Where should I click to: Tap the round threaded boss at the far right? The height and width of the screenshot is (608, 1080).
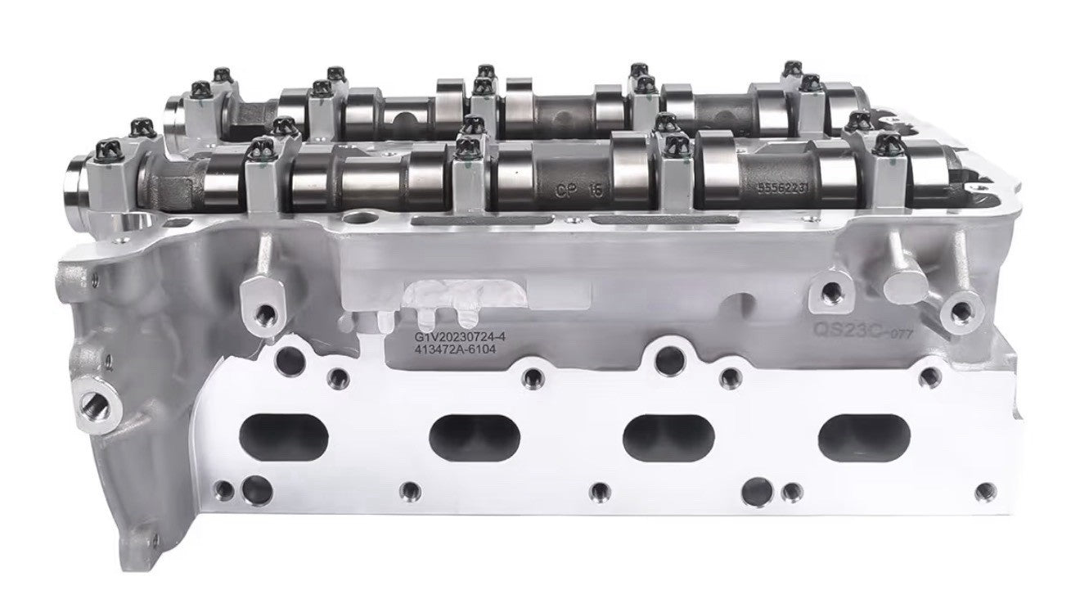click(x=958, y=310)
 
